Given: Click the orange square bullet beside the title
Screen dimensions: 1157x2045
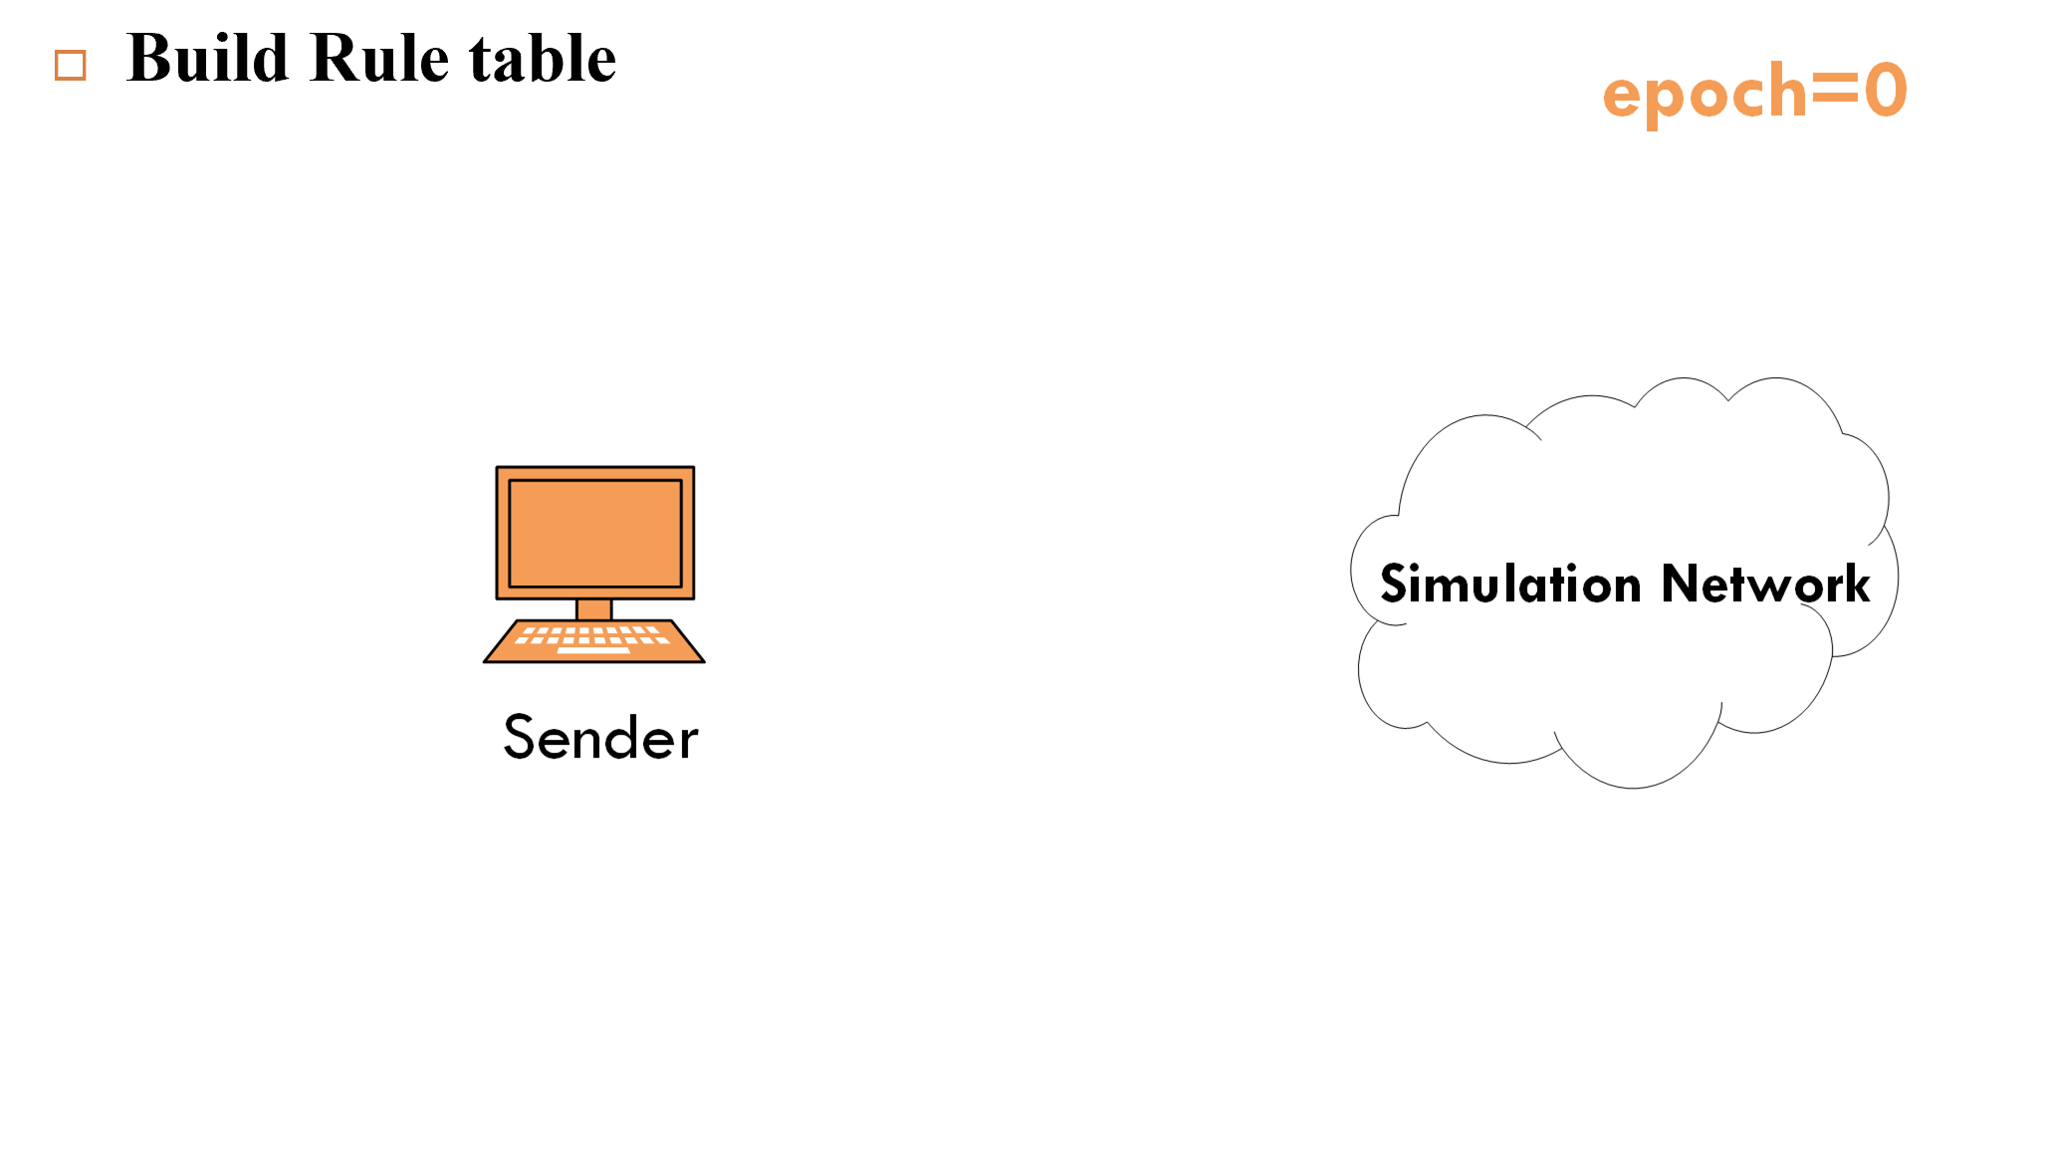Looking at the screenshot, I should pyautogui.click(x=71, y=66).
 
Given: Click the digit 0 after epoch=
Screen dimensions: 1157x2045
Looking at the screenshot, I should pyautogui.click(x=1885, y=91).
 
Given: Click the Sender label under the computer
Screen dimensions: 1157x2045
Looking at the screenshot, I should pyautogui.click(x=600, y=738).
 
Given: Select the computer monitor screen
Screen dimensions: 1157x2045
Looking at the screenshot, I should pyautogui.click(x=595, y=533).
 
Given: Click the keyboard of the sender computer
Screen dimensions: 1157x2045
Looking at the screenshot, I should pyautogui.click(x=594, y=640).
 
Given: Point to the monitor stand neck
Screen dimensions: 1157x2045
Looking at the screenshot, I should pyautogui.click(x=594, y=609).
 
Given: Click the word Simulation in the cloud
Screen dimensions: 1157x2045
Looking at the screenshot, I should pyautogui.click(x=1509, y=583).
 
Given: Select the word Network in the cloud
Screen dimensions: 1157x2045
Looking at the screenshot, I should pyautogui.click(x=1765, y=583).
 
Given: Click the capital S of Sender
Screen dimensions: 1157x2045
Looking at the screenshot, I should pyautogui.click(x=520, y=737).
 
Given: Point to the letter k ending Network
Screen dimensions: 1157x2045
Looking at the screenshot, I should pyautogui.click(x=1853, y=583).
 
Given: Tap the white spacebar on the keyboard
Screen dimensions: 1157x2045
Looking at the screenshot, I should pyautogui.click(x=593, y=649).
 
